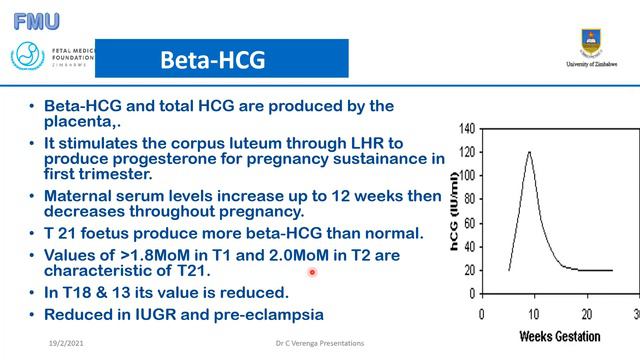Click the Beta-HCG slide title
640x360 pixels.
tap(213, 60)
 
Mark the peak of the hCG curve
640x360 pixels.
tap(528, 152)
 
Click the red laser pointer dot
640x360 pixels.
tap(312, 272)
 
